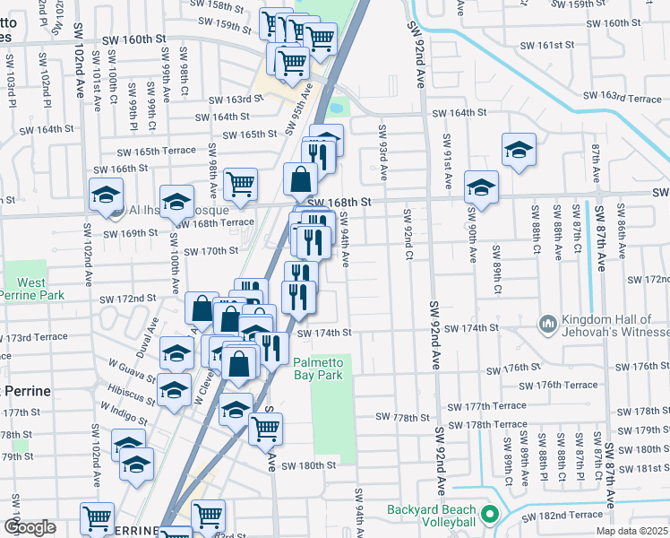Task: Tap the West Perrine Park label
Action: click(31, 289)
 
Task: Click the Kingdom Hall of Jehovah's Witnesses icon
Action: click(547, 322)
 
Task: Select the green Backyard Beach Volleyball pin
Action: click(489, 516)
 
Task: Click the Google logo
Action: click(30, 527)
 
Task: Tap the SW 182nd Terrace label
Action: click(567, 515)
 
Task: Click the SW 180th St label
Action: click(308, 465)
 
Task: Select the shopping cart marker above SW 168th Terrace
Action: click(240, 185)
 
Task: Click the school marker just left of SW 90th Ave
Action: click(481, 188)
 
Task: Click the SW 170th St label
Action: click(210, 251)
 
